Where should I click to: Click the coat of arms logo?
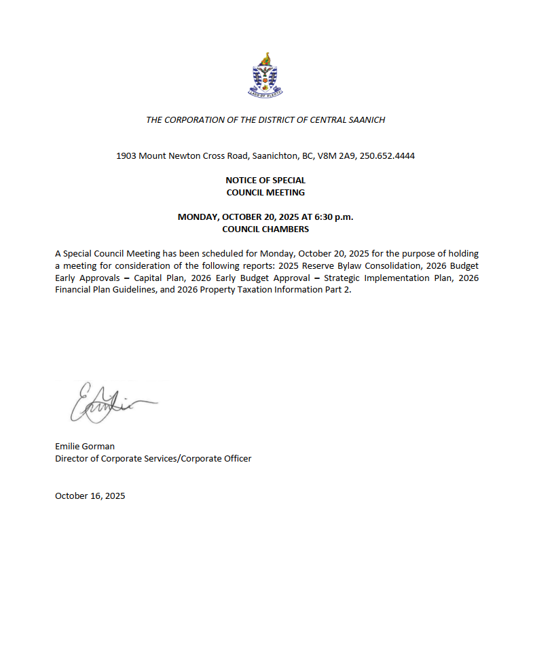(x=267, y=74)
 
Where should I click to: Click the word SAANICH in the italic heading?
(x=367, y=120)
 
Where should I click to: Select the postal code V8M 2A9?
(x=332, y=156)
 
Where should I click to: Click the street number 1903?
(x=126, y=156)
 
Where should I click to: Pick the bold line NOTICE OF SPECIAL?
(x=265, y=181)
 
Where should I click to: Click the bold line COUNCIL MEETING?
(x=265, y=192)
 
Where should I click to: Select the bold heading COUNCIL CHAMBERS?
(x=265, y=229)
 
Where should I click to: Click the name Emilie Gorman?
(x=85, y=447)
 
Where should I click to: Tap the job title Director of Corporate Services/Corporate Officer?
(x=153, y=459)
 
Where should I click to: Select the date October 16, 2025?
(x=90, y=496)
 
